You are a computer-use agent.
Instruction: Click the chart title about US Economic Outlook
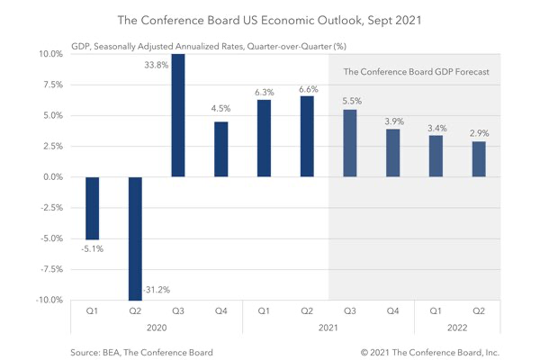pos(270,18)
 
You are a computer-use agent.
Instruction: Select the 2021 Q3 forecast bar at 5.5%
pos(349,143)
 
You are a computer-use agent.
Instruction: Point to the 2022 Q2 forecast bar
pos(478,159)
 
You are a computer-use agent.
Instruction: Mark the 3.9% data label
pos(392,121)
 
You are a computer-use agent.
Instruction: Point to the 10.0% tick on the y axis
pos(50,54)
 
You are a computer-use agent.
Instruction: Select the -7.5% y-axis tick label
pos(50,269)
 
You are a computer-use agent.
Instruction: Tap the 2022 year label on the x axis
pos(456,328)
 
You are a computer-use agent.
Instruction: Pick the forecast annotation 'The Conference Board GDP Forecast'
pos(417,72)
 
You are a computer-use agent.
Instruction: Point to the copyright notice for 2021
pos(430,351)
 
